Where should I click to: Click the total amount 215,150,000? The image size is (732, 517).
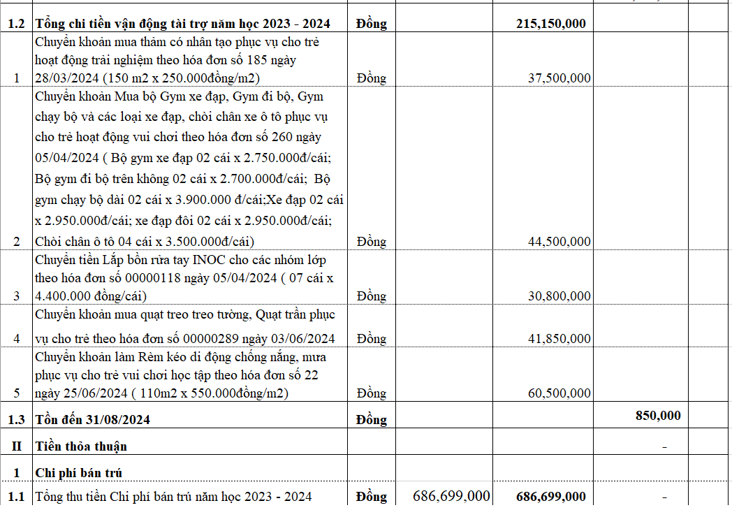550,24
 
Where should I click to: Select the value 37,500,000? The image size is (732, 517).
559,78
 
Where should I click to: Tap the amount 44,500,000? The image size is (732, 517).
559,241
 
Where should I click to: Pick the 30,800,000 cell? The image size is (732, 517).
559,296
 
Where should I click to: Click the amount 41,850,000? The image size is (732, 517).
559,338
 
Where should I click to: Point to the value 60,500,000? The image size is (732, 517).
559,393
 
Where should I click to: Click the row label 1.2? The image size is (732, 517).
16,24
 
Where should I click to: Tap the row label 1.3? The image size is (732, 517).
16,420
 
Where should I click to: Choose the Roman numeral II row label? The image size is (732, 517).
16,446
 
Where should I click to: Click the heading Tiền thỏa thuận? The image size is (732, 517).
81,446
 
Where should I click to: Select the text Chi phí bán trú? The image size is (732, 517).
78,473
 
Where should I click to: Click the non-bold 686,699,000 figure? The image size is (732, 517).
451,496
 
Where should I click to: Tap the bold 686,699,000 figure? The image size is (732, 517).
550,497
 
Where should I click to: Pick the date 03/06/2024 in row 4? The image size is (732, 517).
303,339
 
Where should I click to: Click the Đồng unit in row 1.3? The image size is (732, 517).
371,420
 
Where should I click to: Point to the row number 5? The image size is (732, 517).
17,393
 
